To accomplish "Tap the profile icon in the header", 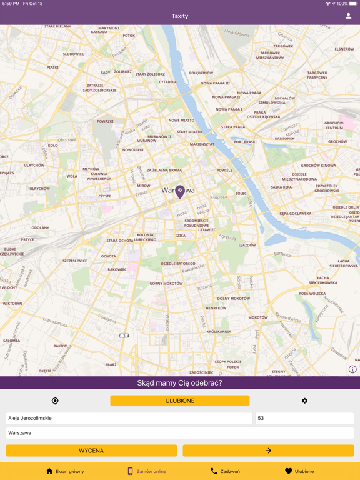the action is [x=349, y=16].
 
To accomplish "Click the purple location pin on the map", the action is [x=180, y=191].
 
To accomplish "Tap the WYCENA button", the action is [x=91, y=451].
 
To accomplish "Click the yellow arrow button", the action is [x=268, y=451].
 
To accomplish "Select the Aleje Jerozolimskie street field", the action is [x=129, y=418].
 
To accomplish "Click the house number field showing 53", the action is [x=304, y=418].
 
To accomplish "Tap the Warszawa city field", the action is [x=180, y=432].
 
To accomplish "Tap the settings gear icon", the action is [x=304, y=401].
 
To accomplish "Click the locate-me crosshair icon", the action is [x=55, y=401].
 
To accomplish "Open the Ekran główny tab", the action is [x=64, y=471].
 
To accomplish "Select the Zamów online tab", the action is [x=146, y=471].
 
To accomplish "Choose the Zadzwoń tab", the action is [x=225, y=471].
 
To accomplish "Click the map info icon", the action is [x=352, y=369].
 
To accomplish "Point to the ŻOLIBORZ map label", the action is [x=122, y=72].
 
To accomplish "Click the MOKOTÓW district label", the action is [x=258, y=317].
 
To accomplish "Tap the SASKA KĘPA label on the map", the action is [x=281, y=187].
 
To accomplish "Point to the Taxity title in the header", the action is [x=180, y=16].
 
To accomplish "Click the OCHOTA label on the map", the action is [x=108, y=256].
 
